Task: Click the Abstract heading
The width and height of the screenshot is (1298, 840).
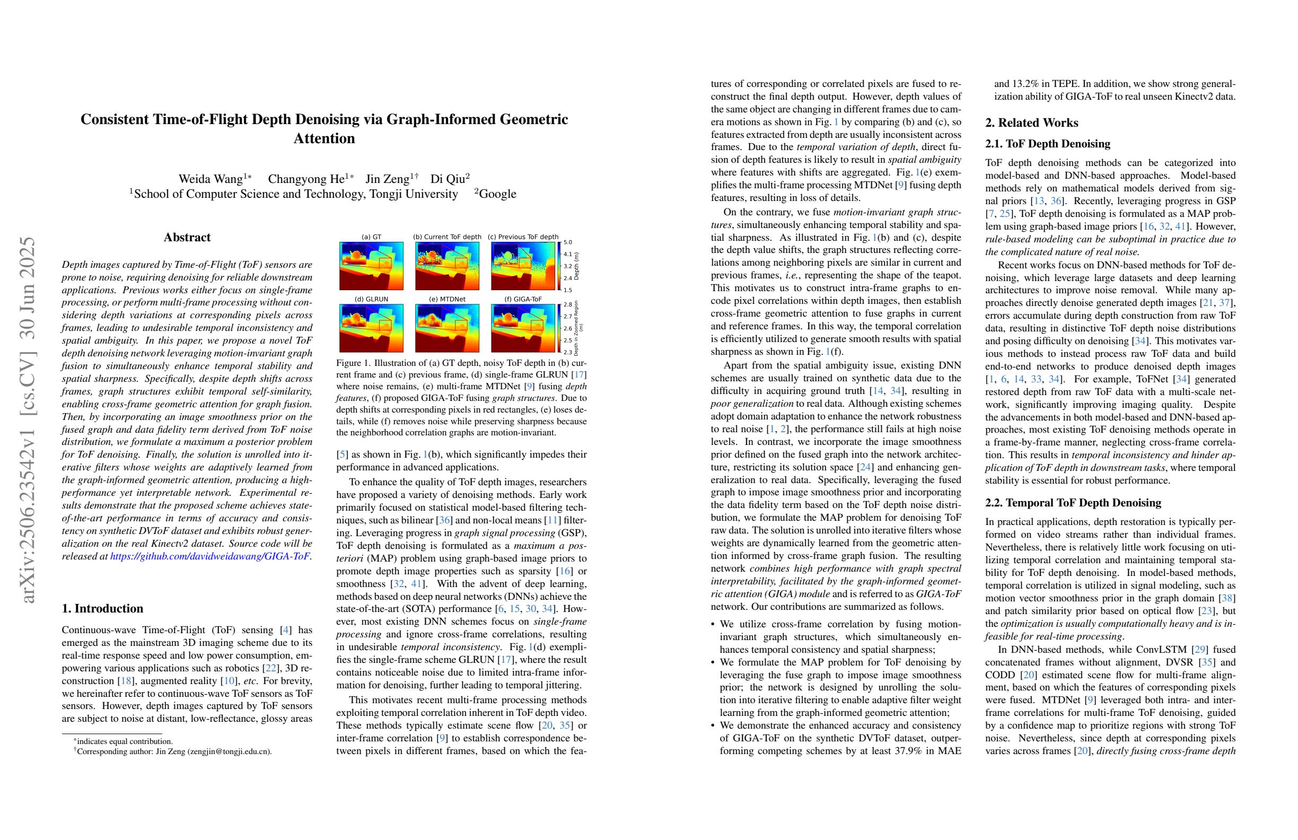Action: [x=187, y=237]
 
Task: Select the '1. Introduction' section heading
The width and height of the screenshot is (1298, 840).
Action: [x=102, y=608]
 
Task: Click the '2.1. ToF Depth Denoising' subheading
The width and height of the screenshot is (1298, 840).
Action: [x=1048, y=144]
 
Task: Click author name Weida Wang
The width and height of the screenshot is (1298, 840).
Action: [x=211, y=179]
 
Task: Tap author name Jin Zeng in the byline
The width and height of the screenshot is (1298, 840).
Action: [x=388, y=179]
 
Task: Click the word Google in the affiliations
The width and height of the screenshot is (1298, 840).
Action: [x=497, y=194]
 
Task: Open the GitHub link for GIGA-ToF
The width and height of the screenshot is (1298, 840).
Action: [x=210, y=556]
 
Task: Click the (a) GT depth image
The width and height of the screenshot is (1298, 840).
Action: [x=371, y=266]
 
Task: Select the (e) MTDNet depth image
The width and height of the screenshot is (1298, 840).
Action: [x=447, y=328]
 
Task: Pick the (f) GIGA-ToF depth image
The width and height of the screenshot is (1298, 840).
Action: [x=523, y=328]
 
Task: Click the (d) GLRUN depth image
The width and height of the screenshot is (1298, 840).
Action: [x=371, y=328]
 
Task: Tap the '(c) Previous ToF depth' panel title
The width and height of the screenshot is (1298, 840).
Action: [x=523, y=237]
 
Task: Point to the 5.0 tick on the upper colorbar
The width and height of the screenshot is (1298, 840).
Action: [x=568, y=242]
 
